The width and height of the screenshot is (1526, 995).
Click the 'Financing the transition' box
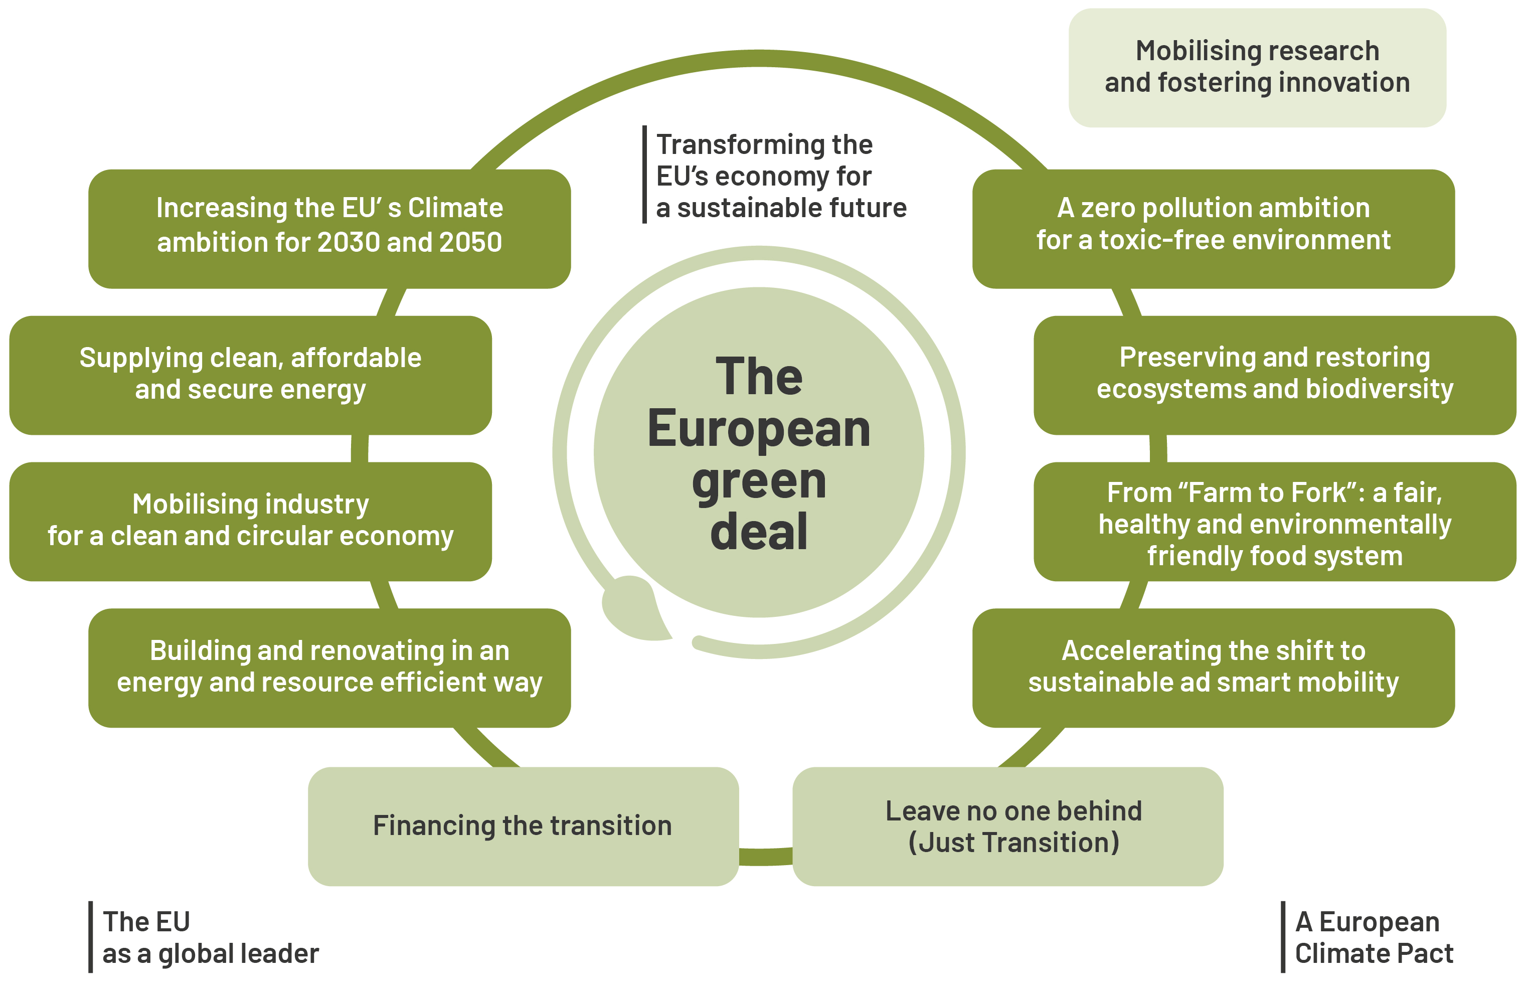click(x=523, y=826)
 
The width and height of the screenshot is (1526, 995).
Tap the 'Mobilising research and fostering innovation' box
click(x=1257, y=67)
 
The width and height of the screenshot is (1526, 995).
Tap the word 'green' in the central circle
click(x=759, y=482)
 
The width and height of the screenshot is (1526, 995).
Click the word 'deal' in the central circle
click(x=759, y=532)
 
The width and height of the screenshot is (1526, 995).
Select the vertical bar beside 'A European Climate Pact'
click(x=1283, y=937)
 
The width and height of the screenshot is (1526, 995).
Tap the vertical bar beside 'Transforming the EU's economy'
click(x=644, y=175)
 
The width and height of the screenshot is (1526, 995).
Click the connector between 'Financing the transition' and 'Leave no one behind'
click(x=766, y=857)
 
